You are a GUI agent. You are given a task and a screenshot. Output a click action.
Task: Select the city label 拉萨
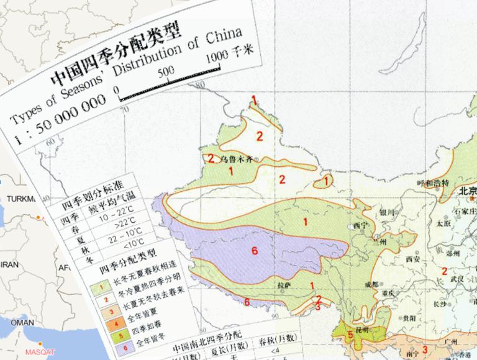pos(283,286)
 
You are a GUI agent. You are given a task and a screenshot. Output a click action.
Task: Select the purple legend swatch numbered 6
pos(104,343)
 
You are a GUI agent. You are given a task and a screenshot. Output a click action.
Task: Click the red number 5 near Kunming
pos(350,335)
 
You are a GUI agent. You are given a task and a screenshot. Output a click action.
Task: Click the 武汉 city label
pos(459,277)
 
